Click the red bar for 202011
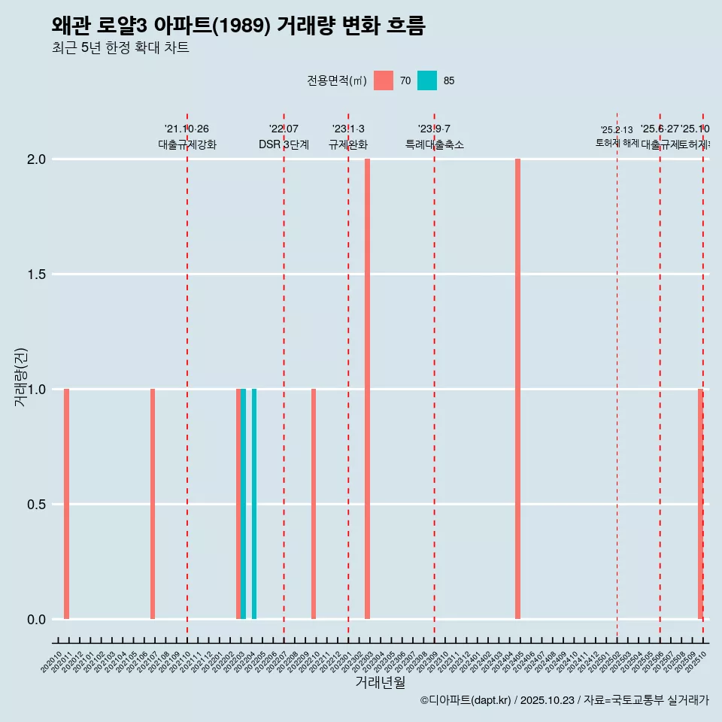coord(66,504)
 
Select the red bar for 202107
coord(153,504)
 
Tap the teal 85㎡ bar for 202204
coord(254,504)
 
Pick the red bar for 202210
coord(314,504)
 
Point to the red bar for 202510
coord(700,504)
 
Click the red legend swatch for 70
coord(384,80)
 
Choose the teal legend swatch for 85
coord(427,80)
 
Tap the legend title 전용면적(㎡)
coord(337,80)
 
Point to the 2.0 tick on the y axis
coord(36,159)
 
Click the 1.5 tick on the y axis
coord(36,275)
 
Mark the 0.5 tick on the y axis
coord(36,505)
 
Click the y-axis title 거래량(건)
coord(21,376)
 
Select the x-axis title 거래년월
coord(380,682)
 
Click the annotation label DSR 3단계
coord(284,144)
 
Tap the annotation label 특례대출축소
coord(434,144)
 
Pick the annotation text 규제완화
coord(348,144)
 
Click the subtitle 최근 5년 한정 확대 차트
coord(120,48)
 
